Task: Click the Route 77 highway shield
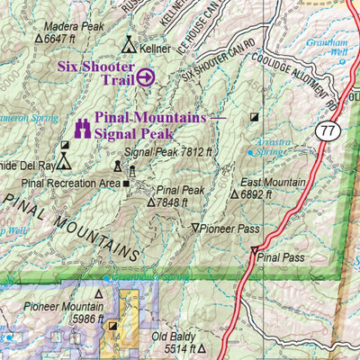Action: click(x=324, y=132)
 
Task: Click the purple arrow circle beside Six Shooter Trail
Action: click(x=145, y=77)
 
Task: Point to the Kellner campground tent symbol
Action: click(x=129, y=44)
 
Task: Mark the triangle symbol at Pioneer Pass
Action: click(x=196, y=229)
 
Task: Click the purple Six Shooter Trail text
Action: click(x=96, y=72)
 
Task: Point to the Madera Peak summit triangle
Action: click(x=38, y=39)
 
